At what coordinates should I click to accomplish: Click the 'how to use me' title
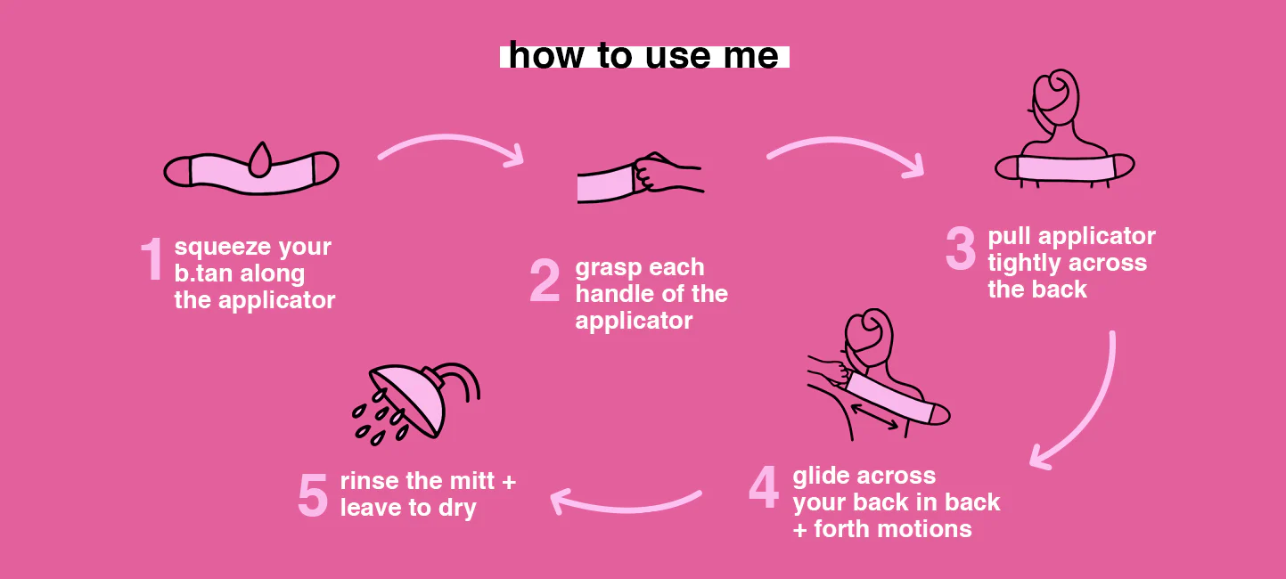click(643, 55)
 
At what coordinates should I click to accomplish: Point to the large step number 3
click(961, 248)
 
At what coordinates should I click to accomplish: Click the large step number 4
click(764, 487)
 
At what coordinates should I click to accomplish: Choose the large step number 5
click(313, 494)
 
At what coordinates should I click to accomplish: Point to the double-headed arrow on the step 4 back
click(873, 417)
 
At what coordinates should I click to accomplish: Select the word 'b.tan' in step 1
click(203, 273)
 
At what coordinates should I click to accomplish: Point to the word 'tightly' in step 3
click(1024, 264)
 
